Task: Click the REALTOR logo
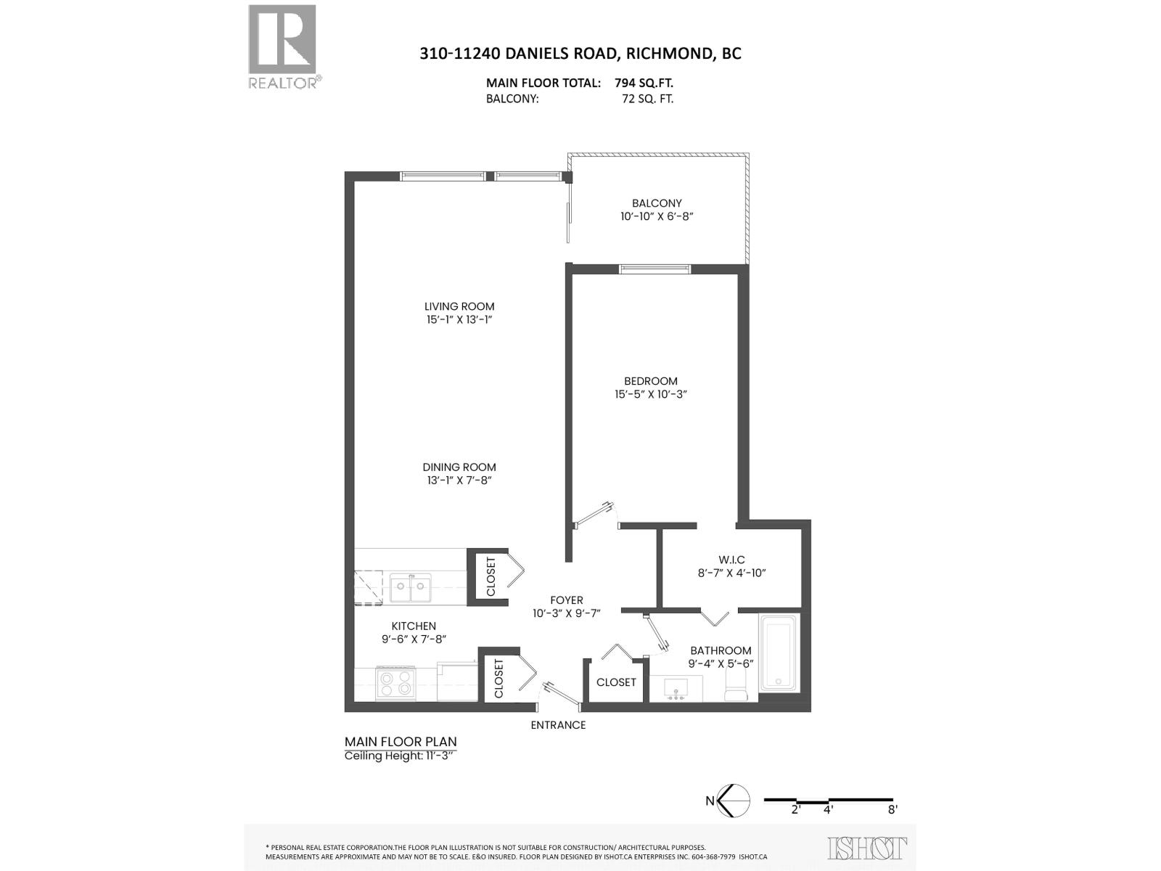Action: pyautogui.click(x=283, y=46)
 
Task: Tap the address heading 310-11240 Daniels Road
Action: pyautogui.click(x=580, y=53)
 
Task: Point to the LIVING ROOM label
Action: pyautogui.click(x=460, y=306)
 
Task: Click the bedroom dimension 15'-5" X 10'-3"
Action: pyautogui.click(x=651, y=394)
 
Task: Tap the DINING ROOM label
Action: pyautogui.click(x=460, y=467)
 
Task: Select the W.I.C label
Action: pyautogui.click(x=731, y=560)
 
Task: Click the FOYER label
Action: pyautogui.click(x=567, y=600)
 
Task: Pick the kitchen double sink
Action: pyautogui.click(x=410, y=587)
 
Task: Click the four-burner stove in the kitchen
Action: pyautogui.click(x=395, y=683)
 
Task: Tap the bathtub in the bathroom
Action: pyautogui.click(x=779, y=653)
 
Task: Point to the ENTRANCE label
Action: pyautogui.click(x=558, y=725)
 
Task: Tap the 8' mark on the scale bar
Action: pyautogui.click(x=892, y=809)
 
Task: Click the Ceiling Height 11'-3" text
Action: pyautogui.click(x=402, y=756)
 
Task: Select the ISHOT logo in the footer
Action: pyautogui.click(x=867, y=848)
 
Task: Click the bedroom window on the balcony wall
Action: pyautogui.click(x=655, y=269)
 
